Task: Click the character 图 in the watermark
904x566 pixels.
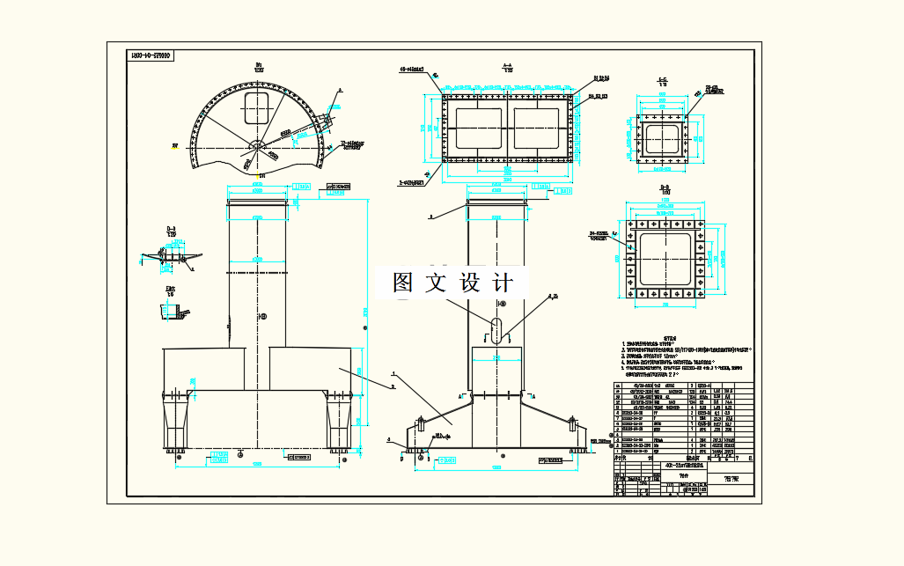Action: point(403,283)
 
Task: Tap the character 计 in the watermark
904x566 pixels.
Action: point(503,283)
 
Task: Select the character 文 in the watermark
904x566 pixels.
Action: point(436,283)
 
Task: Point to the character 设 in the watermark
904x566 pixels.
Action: point(470,283)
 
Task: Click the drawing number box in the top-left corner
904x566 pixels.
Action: point(151,55)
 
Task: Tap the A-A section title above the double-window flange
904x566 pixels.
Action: point(507,65)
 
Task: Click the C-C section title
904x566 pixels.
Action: point(662,80)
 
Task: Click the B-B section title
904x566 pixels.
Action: point(665,187)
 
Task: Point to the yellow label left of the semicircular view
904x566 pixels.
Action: point(175,147)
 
